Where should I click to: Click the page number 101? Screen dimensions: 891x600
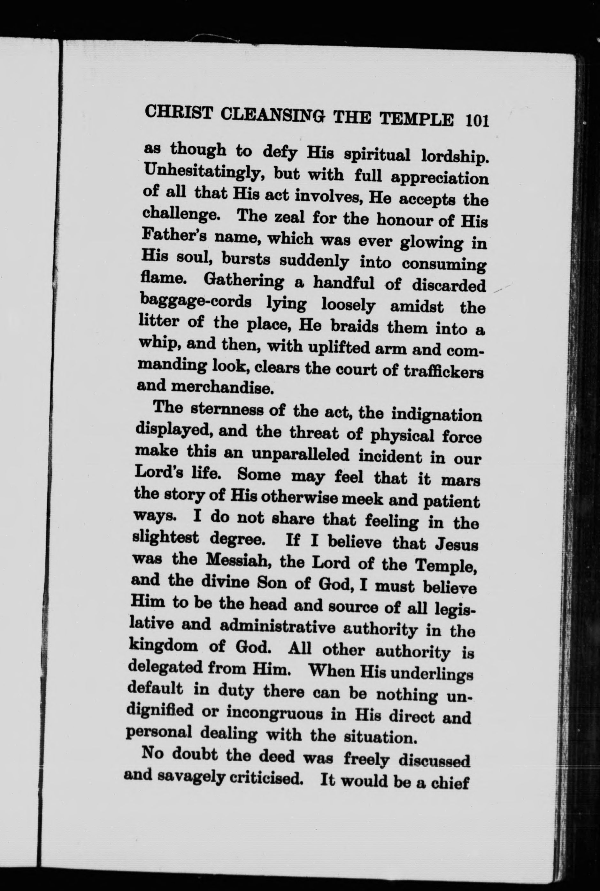click(477, 121)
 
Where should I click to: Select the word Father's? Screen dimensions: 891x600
click(174, 236)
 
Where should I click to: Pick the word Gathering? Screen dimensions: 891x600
click(244, 281)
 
